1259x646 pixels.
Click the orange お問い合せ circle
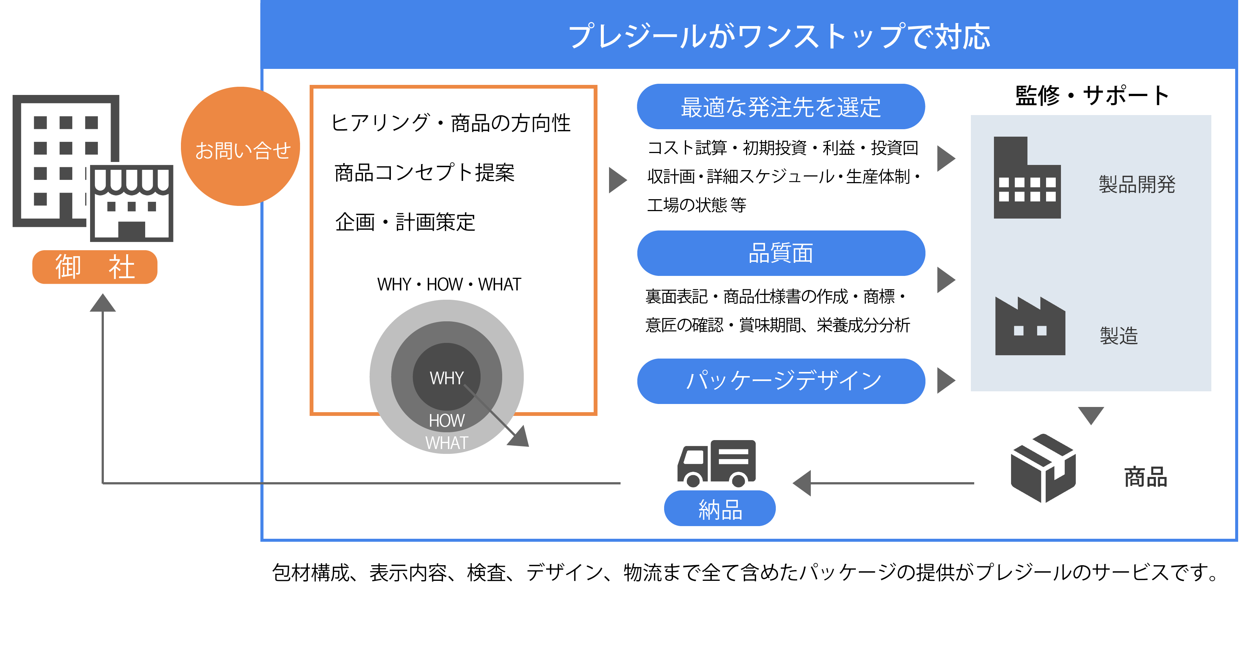click(x=240, y=147)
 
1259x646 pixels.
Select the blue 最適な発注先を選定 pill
click(x=781, y=107)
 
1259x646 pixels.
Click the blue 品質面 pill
click(x=781, y=253)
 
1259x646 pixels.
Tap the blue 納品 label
click(x=720, y=509)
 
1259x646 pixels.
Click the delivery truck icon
click(x=716, y=463)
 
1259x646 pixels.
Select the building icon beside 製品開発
click(x=1027, y=178)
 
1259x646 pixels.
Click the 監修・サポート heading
click(x=1092, y=95)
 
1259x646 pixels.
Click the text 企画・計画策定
click(x=405, y=222)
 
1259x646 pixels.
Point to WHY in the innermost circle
click(x=446, y=378)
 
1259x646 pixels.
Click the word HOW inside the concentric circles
click(x=446, y=420)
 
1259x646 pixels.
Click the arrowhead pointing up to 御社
click(x=103, y=303)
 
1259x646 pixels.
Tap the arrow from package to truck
click(x=880, y=483)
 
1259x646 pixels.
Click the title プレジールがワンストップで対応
click(x=779, y=36)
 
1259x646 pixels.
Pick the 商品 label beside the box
click(x=1145, y=477)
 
